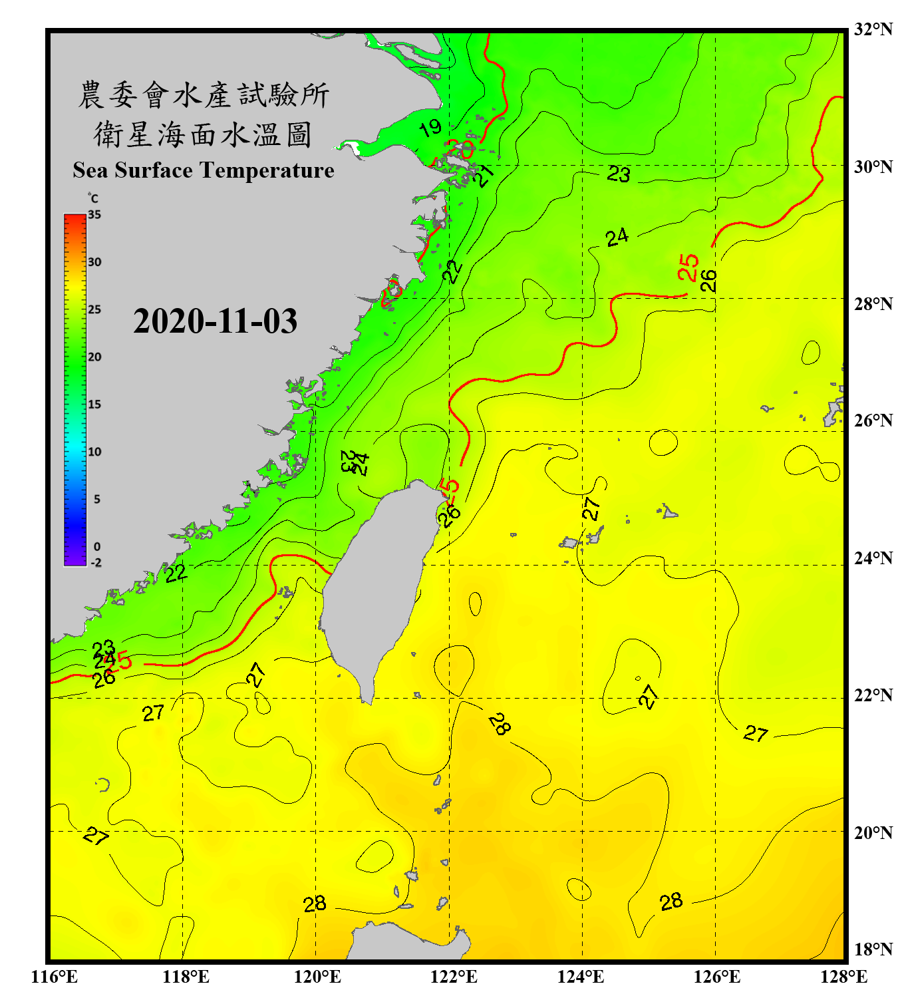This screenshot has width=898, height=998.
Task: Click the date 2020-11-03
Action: pos(215,321)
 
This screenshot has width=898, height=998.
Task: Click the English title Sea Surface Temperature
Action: pos(204,170)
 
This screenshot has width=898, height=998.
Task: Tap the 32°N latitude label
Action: pos(873,29)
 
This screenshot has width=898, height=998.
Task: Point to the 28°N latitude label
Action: pos(873,304)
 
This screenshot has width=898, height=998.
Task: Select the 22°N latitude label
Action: pos(873,695)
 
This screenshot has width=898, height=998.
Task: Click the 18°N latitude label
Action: pos(873,949)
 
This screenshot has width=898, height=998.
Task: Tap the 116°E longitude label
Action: pos(54,977)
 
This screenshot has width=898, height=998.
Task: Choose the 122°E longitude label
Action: pos(454,977)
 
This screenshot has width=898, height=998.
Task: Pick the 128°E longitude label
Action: pos(843,977)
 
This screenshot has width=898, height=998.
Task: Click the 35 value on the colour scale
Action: pos(94,215)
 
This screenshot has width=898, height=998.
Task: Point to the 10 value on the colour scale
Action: pos(94,452)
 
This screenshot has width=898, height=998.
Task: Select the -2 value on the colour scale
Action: pos(96,563)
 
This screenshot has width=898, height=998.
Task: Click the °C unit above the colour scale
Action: pos(93,198)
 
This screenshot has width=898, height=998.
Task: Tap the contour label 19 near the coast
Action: pos(430,127)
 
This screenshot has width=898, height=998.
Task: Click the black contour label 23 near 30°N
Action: pos(619,174)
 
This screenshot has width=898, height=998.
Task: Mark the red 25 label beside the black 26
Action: pos(688,267)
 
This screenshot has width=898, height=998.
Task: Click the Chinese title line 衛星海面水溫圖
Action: pos(203,134)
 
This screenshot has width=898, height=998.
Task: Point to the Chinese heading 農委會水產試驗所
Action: pos(204,95)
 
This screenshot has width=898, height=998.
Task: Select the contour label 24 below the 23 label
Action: pos(617,237)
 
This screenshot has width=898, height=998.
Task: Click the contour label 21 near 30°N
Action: pos(484,175)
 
